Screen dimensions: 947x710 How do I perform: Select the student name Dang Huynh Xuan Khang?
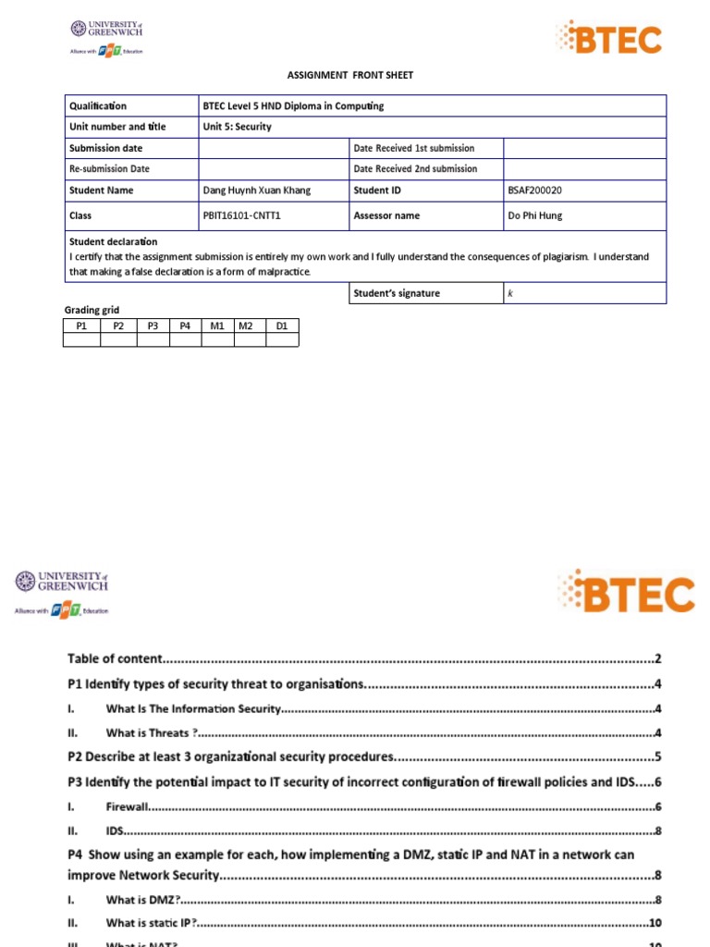tap(256, 191)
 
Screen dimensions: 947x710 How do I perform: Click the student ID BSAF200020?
tap(534, 191)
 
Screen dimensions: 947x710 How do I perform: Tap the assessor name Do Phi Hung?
tap(533, 215)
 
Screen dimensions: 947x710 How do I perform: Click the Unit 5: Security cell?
tap(237, 127)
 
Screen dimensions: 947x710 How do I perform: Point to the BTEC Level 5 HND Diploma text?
tap(292, 105)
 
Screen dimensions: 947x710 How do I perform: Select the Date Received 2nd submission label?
tap(415, 169)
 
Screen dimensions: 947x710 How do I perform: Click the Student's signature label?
tap(396, 293)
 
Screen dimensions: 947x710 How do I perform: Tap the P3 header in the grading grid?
tap(153, 326)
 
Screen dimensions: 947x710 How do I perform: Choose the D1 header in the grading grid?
tap(282, 326)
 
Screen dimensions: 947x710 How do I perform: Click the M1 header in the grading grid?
tap(217, 326)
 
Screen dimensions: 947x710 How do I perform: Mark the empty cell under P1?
tap(81, 339)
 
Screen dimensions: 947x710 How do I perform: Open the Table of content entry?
tap(115, 659)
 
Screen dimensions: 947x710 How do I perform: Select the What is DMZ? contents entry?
tap(142, 899)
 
